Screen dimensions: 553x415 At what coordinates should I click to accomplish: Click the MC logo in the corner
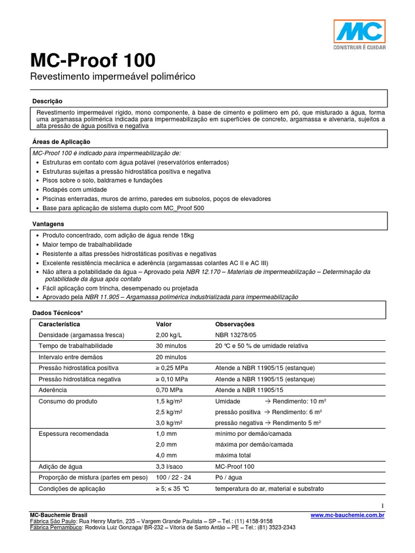359,35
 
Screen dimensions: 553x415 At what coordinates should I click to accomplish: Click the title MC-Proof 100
92,59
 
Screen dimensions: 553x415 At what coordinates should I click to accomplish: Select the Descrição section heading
48,101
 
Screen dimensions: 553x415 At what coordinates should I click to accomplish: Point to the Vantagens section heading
48,224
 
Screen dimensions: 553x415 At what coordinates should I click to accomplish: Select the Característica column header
59,324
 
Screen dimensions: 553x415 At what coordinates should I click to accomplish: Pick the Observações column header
235,324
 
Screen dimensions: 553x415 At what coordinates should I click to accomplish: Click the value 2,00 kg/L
170,335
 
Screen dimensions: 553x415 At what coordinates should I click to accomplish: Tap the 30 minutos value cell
171,346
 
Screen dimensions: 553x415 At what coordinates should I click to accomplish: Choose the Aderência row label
52,390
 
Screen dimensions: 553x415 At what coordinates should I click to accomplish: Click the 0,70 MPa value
170,390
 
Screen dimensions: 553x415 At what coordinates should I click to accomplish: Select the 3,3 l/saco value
169,467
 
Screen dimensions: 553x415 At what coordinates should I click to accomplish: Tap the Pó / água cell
229,477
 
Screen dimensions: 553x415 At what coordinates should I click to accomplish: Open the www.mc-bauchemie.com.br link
348,516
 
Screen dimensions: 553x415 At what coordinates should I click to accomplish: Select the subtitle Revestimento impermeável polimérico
112,77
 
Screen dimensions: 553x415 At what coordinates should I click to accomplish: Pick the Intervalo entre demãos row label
71,357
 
